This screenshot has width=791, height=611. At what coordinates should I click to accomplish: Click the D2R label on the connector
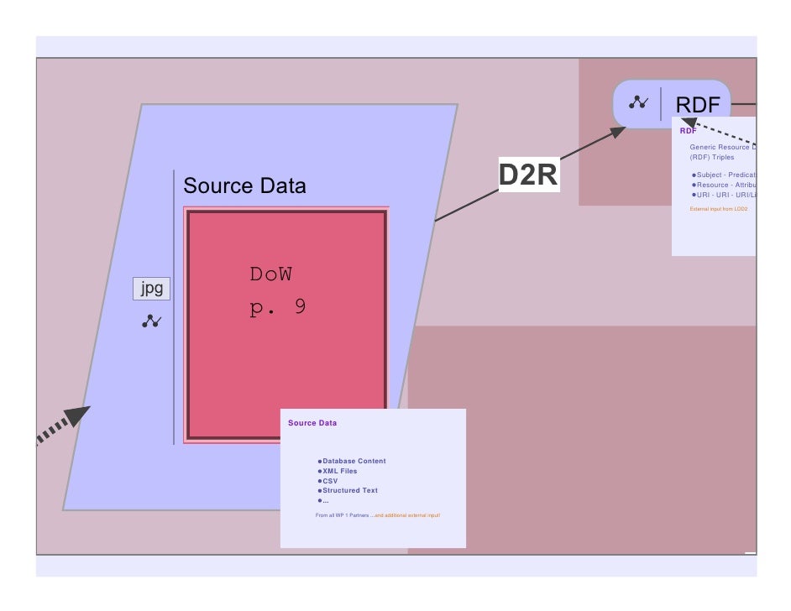[x=529, y=175]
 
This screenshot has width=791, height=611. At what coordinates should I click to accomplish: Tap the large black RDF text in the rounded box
[x=698, y=105]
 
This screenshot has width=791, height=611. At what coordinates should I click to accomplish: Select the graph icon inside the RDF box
[x=639, y=102]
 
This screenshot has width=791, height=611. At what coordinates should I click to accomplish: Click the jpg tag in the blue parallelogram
[x=151, y=289]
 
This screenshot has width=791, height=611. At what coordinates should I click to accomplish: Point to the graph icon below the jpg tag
[x=151, y=321]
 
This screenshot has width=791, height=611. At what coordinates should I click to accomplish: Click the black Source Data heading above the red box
[x=244, y=185]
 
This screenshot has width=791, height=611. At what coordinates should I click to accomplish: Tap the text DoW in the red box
[x=270, y=274]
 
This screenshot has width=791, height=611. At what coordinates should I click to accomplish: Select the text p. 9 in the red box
[x=277, y=308]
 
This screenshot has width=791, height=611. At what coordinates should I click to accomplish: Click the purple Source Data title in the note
[x=312, y=423]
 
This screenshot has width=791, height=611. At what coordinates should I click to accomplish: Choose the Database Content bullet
[x=353, y=461]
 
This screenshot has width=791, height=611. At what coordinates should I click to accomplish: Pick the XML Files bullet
[x=338, y=471]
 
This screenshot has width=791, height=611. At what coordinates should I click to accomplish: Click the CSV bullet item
[x=328, y=481]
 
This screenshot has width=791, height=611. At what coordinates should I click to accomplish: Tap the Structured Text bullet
[x=348, y=490]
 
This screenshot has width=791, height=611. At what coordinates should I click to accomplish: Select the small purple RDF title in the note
[x=688, y=131]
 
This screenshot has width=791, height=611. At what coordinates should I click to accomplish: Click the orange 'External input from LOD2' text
[x=719, y=208]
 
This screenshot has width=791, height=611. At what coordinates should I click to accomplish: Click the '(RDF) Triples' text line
[x=711, y=157]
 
